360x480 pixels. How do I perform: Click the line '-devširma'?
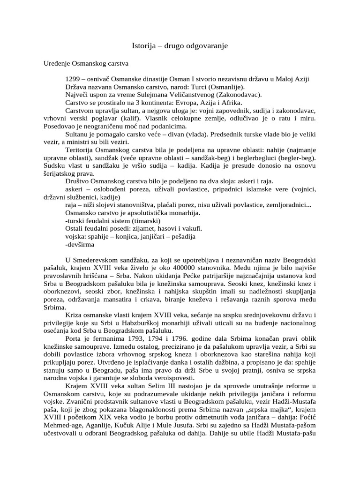click(80, 245)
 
